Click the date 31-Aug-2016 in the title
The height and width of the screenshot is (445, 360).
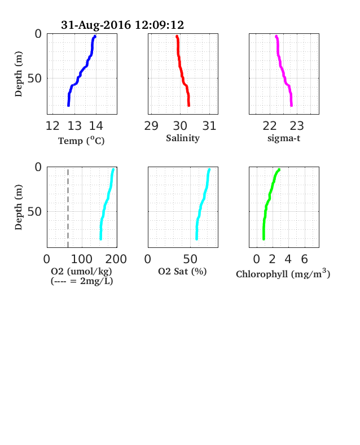(96, 25)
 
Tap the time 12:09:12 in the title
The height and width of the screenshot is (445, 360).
(159, 25)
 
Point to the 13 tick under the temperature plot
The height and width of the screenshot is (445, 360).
(74, 126)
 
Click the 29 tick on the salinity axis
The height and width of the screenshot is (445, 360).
(151, 126)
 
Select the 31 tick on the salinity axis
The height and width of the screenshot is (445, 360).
(209, 126)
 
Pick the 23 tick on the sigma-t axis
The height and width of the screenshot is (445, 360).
(297, 126)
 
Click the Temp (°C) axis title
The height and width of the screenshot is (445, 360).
(81, 141)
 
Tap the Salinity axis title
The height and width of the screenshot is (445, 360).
(183, 138)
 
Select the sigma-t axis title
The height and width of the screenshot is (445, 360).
(284, 138)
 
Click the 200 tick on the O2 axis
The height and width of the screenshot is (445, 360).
(116, 259)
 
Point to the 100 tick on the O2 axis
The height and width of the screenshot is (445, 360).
(82, 259)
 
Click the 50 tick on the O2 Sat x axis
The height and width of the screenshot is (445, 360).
(190, 259)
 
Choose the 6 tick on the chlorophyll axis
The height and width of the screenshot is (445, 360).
(305, 259)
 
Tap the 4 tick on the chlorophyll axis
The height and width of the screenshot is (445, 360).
(288, 259)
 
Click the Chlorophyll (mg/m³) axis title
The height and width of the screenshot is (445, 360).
(283, 273)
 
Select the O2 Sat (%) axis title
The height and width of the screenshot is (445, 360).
(182, 272)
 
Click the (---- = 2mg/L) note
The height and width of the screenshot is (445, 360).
(82, 281)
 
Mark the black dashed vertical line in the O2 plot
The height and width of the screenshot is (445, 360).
(68, 208)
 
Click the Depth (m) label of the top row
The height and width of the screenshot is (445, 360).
(19, 74)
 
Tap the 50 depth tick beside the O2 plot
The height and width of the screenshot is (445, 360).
(34, 211)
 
